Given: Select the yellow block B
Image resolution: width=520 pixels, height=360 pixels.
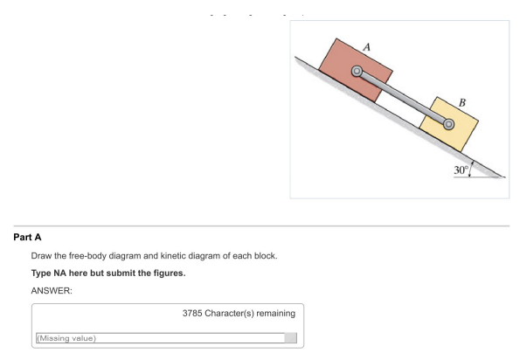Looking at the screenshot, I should click(449, 122).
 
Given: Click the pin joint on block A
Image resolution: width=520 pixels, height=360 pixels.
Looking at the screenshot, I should click(356, 72).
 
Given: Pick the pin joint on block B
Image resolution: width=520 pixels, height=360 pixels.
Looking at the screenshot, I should click(449, 126).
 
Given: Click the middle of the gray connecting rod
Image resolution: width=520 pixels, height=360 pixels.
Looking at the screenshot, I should click(402, 99).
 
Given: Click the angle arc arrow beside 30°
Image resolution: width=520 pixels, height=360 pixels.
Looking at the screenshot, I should click(472, 168).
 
